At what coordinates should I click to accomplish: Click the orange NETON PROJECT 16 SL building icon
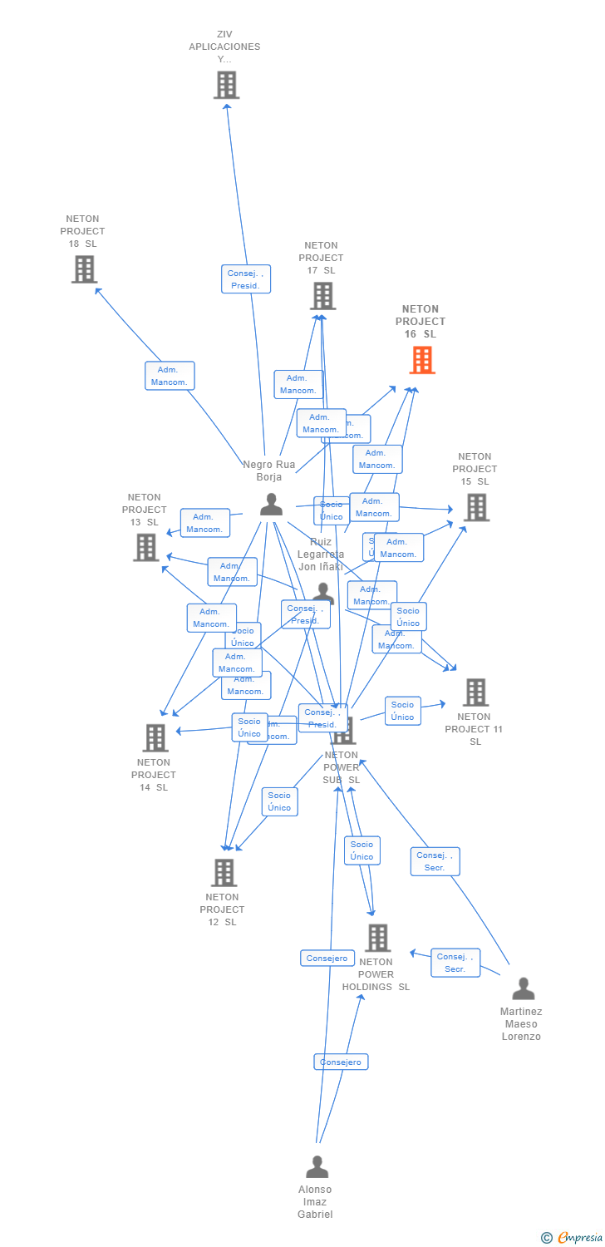(x=422, y=360)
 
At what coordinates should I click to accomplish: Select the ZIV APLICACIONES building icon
(x=226, y=85)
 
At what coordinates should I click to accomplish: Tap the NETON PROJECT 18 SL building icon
(x=84, y=269)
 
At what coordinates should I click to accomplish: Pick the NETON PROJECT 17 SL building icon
(x=322, y=296)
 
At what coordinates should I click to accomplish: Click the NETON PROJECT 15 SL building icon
(x=476, y=507)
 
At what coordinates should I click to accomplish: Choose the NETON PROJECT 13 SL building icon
(x=146, y=547)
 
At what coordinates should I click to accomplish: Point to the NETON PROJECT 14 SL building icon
(x=155, y=737)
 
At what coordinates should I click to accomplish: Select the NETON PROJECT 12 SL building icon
(x=224, y=872)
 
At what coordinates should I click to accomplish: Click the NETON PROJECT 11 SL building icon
(x=475, y=692)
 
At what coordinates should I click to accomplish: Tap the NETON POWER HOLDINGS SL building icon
(x=377, y=938)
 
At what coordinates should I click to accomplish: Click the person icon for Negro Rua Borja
(x=271, y=504)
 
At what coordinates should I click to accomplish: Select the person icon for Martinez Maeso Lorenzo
(x=524, y=988)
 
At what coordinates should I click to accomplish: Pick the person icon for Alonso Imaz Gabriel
(x=317, y=1167)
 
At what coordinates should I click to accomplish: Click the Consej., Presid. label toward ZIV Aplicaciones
(x=246, y=279)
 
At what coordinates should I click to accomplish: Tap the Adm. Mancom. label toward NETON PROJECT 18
(x=170, y=376)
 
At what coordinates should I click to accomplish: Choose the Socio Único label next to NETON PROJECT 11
(x=402, y=711)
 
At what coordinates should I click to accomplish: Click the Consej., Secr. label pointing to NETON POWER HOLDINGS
(x=455, y=963)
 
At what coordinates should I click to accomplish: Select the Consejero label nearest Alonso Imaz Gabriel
(x=341, y=1062)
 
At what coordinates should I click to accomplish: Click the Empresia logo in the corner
(x=573, y=1238)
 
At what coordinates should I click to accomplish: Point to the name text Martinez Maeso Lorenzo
(x=521, y=1024)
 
